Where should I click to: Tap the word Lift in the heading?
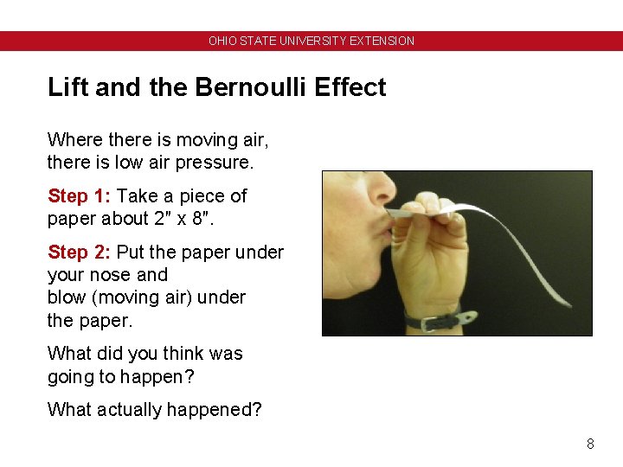(65, 87)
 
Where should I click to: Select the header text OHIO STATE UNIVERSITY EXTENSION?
(311, 41)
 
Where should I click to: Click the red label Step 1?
(80, 196)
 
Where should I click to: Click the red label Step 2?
(80, 253)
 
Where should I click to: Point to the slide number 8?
(590, 444)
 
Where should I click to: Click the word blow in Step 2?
(66, 297)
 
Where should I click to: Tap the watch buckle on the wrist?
(427, 323)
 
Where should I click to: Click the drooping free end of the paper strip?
(562, 299)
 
